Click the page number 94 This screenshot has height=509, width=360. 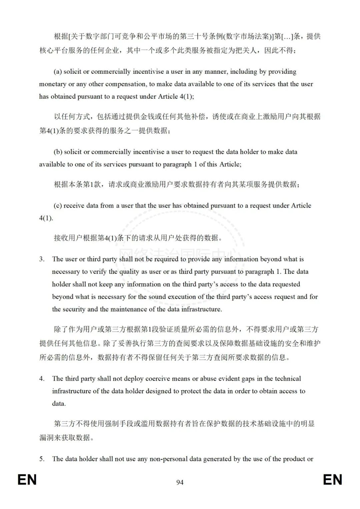pyautogui.click(x=180, y=482)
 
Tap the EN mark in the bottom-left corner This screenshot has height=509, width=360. pyautogui.click(x=27, y=480)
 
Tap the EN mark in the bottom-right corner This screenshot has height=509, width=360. pyautogui.click(x=332, y=480)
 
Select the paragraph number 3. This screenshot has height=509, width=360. pyautogui.click(x=42, y=259)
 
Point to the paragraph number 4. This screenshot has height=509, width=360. pyautogui.click(x=42, y=379)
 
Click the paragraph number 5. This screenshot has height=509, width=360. pyautogui.click(x=42, y=459)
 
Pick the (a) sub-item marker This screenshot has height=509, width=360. pyautogui.click(x=58, y=72)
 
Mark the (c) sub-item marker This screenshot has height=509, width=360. pyautogui.click(x=58, y=206)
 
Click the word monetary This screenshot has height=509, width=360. pyautogui.click(x=53, y=84)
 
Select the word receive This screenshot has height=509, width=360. pyautogui.click(x=74, y=206)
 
